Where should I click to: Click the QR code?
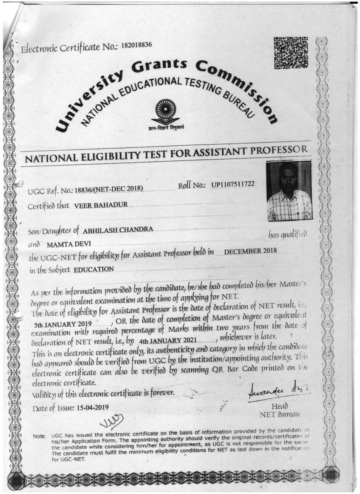coord(291,53)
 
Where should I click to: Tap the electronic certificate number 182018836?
coord(136,45)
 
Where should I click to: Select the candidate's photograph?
coord(289,191)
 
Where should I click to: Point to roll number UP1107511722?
coord(230,185)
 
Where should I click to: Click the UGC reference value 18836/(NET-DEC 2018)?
coord(108,189)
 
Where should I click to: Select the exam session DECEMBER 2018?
coord(250,251)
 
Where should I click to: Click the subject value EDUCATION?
coord(94,269)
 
